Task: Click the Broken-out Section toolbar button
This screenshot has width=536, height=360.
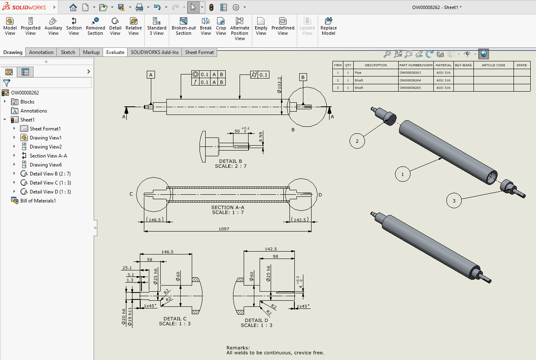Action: coord(184,26)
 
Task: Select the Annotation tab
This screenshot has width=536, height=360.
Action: coord(41,52)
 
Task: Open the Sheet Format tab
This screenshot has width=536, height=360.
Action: coord(199,52)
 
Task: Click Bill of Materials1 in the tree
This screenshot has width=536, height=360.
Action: coord(38,201)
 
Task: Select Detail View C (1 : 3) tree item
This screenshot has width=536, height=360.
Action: coord(50,183)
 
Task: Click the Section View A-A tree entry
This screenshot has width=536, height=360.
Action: coord(48,156)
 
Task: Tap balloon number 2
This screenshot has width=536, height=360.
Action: coord(357,141)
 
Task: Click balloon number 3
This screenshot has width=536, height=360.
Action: coord(454,200)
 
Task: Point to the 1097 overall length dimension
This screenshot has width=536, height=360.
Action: coord(224,229)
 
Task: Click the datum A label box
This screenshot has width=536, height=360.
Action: coord(151,75)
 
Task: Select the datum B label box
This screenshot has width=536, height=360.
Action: coord(303,77)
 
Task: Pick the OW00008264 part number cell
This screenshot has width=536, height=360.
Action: coord(410,81)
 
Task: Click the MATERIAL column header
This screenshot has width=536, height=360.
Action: coord(444,65)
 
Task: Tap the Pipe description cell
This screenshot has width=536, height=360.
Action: coord(358,73)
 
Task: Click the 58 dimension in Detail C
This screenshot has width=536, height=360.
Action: coord(150,260)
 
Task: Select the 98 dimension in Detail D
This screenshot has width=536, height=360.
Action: coord(275,256)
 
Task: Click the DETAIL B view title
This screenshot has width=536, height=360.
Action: coord(231,162)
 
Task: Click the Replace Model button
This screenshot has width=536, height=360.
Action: coord(328,26)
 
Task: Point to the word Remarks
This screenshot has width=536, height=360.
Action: coord(238,348)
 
